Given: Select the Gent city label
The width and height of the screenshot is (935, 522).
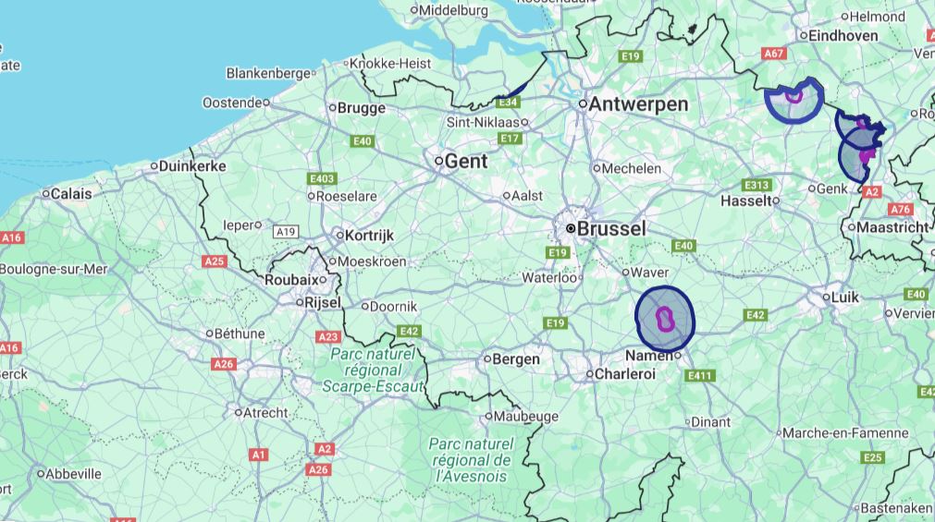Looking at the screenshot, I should point(465,161).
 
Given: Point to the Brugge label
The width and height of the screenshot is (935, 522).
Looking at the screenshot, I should point(361,108).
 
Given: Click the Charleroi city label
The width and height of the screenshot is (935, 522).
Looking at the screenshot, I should point(624,374).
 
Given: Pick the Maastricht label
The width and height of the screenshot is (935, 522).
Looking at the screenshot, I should point(892,227).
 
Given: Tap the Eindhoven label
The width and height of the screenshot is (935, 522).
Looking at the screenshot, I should point(843,36).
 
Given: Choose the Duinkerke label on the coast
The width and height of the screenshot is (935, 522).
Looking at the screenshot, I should point(192,166).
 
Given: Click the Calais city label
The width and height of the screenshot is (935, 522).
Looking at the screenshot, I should point(71,194).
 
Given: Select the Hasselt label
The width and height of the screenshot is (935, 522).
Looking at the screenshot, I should point(744,200).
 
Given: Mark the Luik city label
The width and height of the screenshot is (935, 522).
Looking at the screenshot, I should point(845,297).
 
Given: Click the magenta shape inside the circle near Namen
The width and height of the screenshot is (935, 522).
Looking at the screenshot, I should point(664,319).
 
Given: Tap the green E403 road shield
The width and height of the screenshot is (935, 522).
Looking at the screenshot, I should point(323,177).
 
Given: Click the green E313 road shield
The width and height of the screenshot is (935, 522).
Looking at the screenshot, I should point(757,184).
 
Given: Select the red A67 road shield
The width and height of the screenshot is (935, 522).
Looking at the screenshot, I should point(774,55).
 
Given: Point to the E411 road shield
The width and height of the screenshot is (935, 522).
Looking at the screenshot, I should point(700,375).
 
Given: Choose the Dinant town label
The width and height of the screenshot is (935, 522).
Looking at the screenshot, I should point(711,422).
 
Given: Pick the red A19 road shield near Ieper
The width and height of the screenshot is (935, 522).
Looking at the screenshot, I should point(286,231).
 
